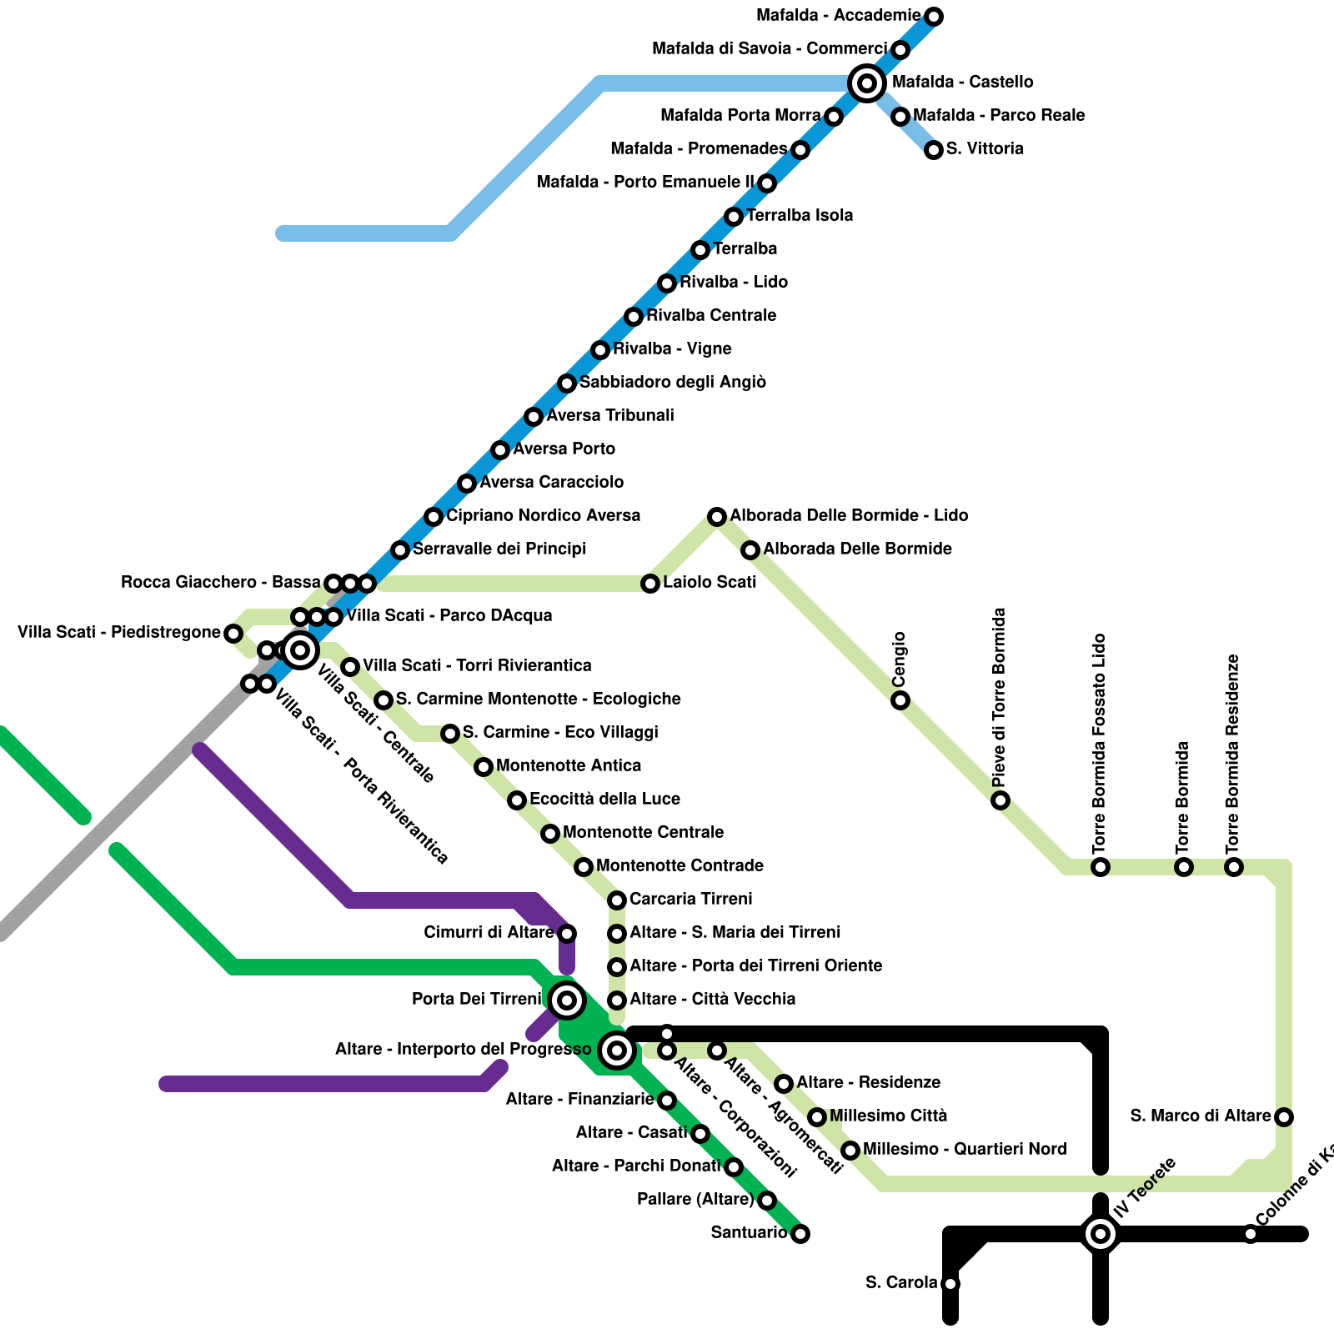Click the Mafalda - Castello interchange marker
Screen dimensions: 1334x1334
(x=867, y=83)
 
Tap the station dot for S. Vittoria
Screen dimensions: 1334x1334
(x=934, y=149)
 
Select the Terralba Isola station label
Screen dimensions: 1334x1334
(x=800, y=215)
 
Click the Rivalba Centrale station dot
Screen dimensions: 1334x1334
(x=634, y=316)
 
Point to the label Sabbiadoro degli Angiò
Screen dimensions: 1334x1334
(x=672, y=382)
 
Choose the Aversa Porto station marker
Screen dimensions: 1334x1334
(x=500, y=449)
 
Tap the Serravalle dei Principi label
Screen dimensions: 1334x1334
(x=499, y=549)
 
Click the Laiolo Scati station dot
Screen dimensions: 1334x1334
(x=650, y=583)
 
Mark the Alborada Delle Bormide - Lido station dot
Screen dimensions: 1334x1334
(x=717, y=516)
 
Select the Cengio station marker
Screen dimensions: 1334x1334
(x=900, y=700)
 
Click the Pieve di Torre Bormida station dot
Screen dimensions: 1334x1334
(x=1000, y=800)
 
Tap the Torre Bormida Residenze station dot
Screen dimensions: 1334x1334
(x=1234, y=866)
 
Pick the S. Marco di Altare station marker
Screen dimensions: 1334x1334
(x=1284, y=1116)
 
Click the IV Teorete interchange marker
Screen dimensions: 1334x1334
(x=1101, y=1233)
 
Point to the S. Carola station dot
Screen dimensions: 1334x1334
(x=950, y=1283)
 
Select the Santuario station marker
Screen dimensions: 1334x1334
(x=800, y=1233)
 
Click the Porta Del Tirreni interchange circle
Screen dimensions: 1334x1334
(x=567, y=1000)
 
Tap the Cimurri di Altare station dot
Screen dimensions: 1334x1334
(x=567, y=933)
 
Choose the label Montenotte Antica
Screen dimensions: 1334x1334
(x=569, y=765)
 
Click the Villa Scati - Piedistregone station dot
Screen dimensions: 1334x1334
(x=233, y=633)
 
